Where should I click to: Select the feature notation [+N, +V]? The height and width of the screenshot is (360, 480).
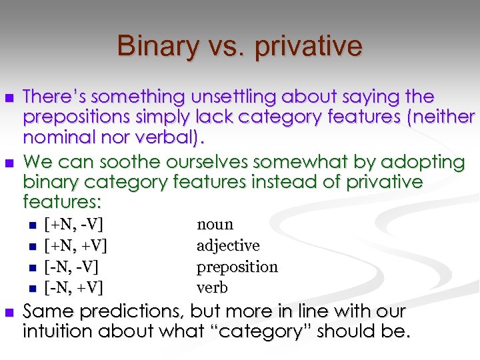coord(75,246)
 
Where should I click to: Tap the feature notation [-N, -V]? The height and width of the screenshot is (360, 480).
coord(71,267)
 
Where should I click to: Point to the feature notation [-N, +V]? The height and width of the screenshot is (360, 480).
coord(73,288)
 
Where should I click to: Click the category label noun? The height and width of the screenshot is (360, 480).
coord(215,225)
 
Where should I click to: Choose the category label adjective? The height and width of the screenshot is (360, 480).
coord(228,246)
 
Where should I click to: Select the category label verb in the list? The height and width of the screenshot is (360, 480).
coord(212,288)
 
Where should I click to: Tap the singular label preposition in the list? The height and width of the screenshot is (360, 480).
coord(237,267)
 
